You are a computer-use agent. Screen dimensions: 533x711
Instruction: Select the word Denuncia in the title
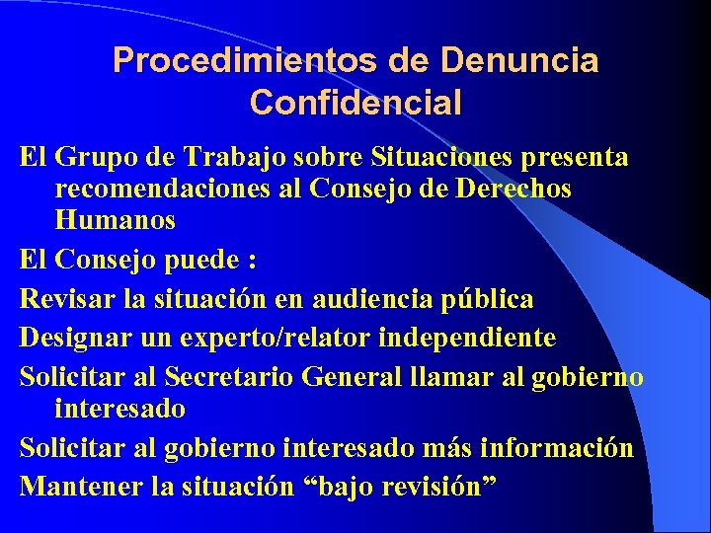tap(519, 61)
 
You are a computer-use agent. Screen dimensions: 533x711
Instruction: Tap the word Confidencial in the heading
tap(355, 102)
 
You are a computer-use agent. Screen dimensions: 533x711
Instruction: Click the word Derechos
tap(513, 189)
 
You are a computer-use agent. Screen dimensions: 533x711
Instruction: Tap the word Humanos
tap(116, 220)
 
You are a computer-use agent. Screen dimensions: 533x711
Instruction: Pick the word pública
tap(499, 299)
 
